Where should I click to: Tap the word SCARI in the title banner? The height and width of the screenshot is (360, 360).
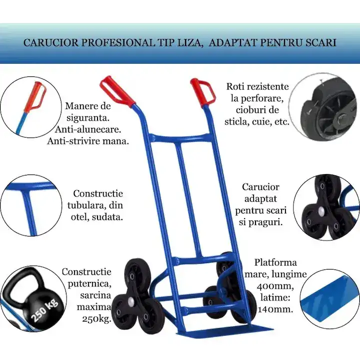[318, 42]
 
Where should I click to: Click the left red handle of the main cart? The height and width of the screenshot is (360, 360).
[117, 91]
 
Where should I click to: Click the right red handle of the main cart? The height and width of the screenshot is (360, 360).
[202, 92]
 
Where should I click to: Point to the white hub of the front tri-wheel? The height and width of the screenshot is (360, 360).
[130, 300]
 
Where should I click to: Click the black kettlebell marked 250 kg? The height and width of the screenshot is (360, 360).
[32, 298]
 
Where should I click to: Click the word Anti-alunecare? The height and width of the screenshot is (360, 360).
[88, 129]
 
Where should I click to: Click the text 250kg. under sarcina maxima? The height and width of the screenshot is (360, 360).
[96, 319]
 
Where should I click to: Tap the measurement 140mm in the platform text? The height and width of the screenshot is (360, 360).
[275, 309]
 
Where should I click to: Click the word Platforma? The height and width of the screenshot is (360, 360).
[275, 262]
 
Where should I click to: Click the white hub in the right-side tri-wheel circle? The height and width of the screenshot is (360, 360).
[321, 210]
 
